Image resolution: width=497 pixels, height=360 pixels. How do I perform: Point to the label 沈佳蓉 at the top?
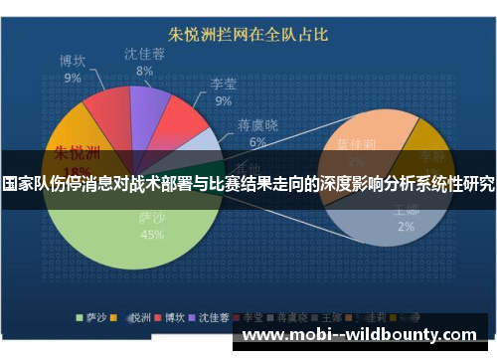tap(145, 53)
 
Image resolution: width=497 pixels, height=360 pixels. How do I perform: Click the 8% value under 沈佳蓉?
tap(145, 71)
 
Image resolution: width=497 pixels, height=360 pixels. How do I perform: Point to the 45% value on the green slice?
tap(152, 235)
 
